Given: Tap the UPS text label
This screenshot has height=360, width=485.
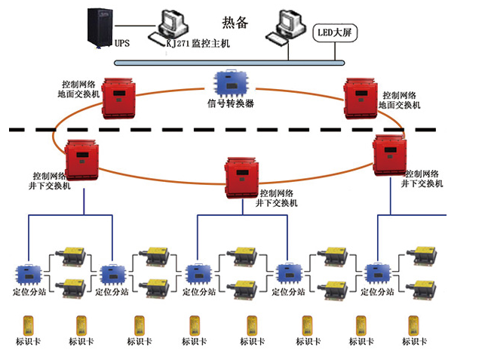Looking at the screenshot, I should [121, 44].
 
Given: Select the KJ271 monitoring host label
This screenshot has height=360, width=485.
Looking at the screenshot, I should [198, 45].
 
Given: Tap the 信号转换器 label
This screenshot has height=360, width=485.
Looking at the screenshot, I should [231, 103].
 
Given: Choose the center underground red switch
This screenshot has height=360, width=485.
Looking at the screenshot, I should [243, 175].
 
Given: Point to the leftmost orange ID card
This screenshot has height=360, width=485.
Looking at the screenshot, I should [26, 324].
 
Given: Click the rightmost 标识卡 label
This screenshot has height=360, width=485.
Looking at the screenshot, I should [414, 342].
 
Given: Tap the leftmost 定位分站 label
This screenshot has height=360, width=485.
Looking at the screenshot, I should [30, 290].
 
